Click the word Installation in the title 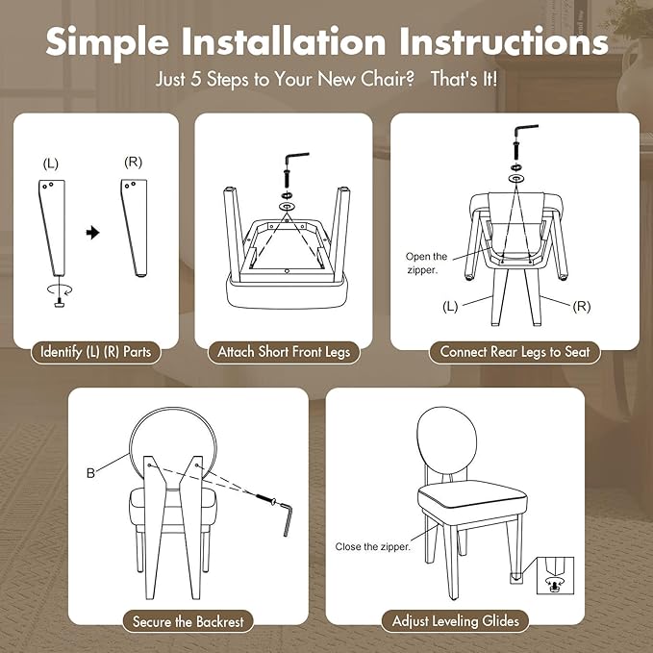(284, 41)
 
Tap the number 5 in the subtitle (196, 79)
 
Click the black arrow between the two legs (93, 233)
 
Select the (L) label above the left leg (51, 163)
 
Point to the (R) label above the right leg (134, 162)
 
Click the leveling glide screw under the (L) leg (59, 303)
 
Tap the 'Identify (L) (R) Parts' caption (95, 352)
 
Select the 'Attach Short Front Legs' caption (284, 352)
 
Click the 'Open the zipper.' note (426, 264)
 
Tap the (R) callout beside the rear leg (582, 307)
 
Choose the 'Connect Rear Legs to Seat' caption (515, 352)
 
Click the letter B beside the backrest (90, 473)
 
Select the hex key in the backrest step (286, 519)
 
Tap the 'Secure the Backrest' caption (188, 622)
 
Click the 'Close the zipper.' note (373, 547)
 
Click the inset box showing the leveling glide (555, 575)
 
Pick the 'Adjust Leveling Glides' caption (456, 621)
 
